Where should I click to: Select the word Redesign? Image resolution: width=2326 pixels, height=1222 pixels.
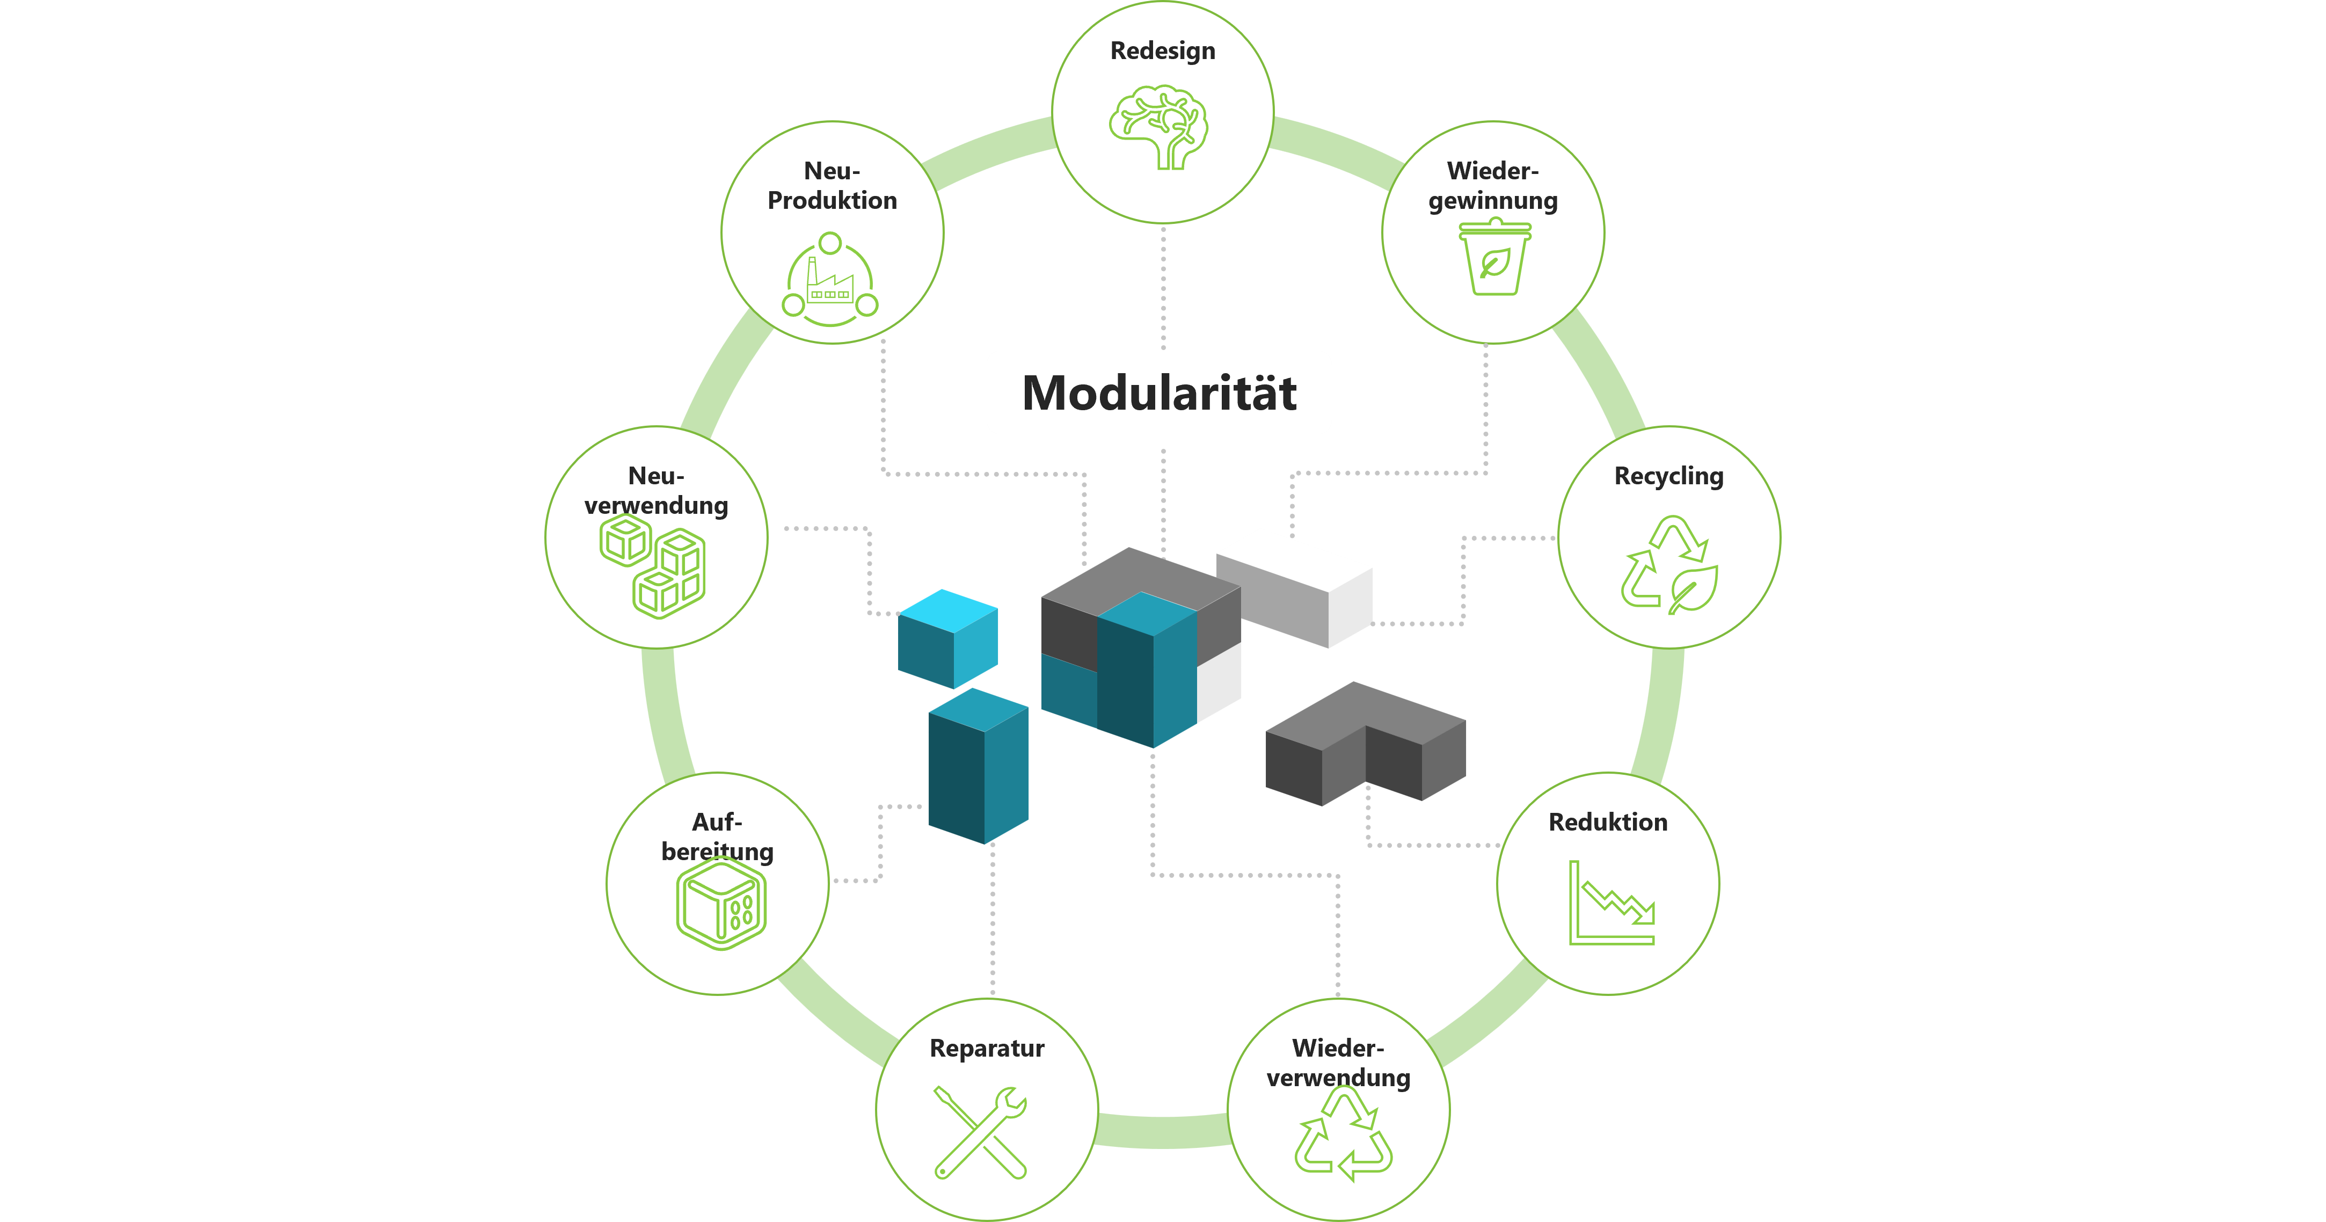(x=1162, y=50)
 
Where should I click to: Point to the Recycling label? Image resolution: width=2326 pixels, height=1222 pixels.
(x=1668, y=476)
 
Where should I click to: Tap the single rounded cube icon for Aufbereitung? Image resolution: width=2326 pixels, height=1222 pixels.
(x=720, y=903)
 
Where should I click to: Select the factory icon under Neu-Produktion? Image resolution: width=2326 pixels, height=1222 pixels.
(x=830, y=280)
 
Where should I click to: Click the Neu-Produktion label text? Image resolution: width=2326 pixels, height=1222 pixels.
(x=832, y=185)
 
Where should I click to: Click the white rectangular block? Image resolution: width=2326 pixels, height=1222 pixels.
(x=1293, y=587)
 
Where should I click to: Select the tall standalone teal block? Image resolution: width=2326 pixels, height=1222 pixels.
(x=978, y=766)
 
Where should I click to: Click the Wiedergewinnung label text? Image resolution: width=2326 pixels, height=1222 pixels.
(x=1492, y=185)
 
